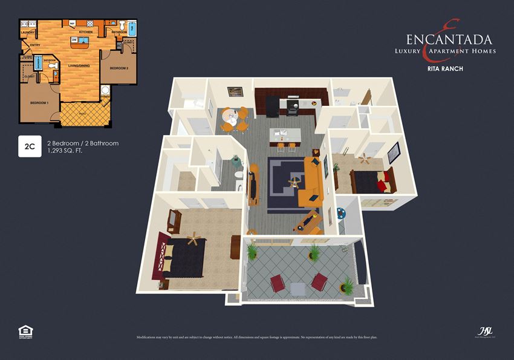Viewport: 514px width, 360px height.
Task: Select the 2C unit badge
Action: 29,147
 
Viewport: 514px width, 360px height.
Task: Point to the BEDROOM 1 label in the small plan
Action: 39,103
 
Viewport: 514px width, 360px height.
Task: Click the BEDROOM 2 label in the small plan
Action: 119,68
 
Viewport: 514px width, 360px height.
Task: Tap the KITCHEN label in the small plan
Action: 86,31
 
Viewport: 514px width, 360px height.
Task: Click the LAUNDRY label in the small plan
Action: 27,32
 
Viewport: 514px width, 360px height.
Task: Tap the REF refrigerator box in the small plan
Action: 72,24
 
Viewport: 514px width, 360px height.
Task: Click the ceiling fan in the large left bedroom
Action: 193,239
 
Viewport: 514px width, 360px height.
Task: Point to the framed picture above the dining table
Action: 235,91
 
